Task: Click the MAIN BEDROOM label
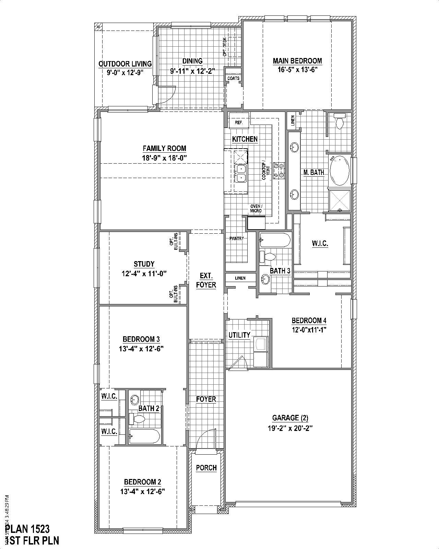[297, 61]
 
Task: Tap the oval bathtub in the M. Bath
[339, 170]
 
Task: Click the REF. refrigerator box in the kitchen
[239, 122]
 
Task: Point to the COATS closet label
[233, 78]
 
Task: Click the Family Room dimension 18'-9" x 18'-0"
[165, 158]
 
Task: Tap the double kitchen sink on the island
[241, 173]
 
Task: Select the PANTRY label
[237, 238]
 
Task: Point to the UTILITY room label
[239, 335]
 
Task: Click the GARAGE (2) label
[290, 418]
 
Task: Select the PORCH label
[206, 468]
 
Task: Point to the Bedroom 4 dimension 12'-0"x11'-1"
[309, 330]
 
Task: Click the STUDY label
[144, 264]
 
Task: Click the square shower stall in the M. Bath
[340, 200]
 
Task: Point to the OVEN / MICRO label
[256, 208]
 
